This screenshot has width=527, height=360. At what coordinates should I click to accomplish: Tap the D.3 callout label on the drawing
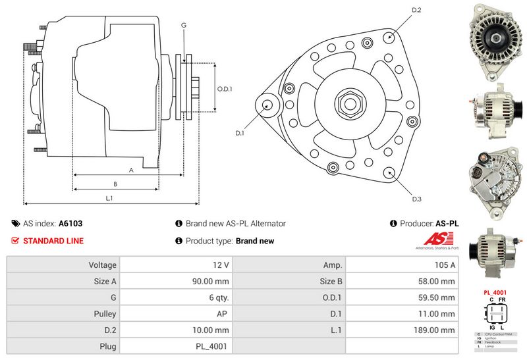coord(416,199)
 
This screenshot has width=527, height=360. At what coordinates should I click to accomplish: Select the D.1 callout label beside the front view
coord(240,134)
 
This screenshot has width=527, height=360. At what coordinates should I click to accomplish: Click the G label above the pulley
coord(184,25)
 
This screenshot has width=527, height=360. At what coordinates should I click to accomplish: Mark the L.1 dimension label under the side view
coord(109,198)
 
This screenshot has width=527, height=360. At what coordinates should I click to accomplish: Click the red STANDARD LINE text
coord(53,241)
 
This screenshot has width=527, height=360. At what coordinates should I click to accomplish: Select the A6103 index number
coord(70,224)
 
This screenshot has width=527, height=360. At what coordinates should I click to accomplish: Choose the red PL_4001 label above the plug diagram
coord(495,292)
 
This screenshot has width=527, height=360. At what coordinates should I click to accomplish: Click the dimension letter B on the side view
coord(115,184)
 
